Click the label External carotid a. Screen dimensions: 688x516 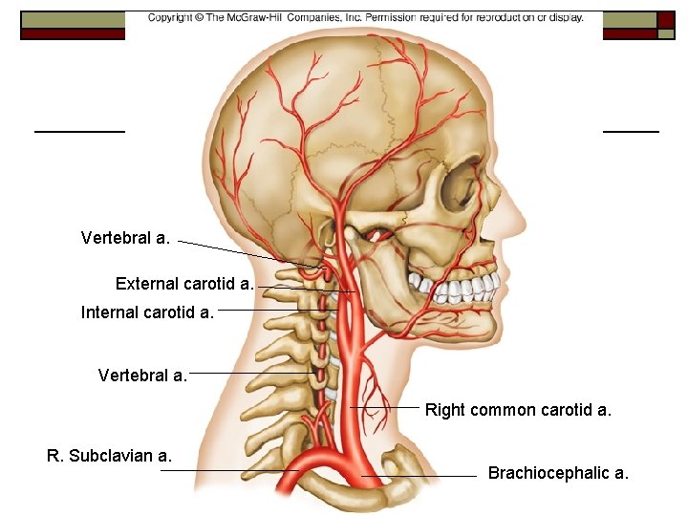click(184, 284)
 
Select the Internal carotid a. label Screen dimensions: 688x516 click(147, 312)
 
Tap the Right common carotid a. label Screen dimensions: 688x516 click(518, 410)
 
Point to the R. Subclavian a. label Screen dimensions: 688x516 click(109, 456)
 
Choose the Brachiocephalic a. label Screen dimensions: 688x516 click(558, 473)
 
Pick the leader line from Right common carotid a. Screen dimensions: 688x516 click(387, 408)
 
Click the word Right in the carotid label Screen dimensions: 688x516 click(444, 410)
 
